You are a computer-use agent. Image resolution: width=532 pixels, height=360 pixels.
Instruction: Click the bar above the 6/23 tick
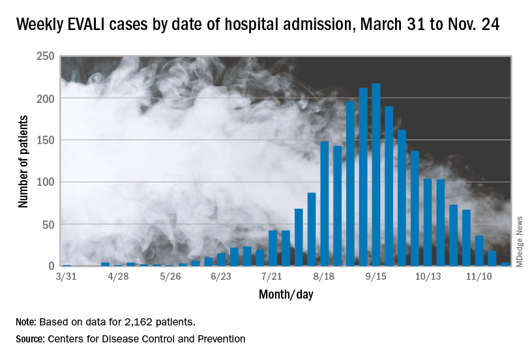click(222, 260)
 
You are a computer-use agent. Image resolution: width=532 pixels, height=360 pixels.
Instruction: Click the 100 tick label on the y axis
click(45, 182)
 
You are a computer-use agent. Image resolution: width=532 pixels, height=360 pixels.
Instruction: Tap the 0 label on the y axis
click(52, 266)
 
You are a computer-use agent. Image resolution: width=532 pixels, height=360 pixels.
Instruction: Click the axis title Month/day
click(286, 294)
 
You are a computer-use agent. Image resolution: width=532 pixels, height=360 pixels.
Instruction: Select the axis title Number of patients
click(23, 161)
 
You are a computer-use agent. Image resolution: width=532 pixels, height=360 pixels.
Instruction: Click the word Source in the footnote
click(32, 338)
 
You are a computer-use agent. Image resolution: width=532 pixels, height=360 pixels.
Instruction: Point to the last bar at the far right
click(505, 264)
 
